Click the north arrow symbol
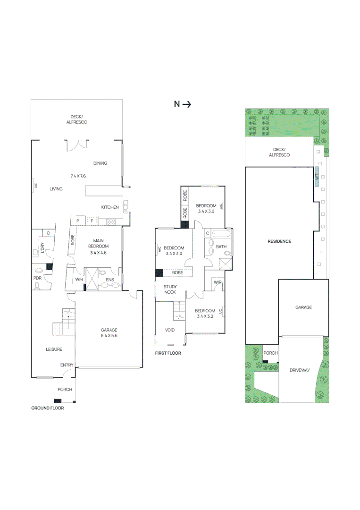[182, 104]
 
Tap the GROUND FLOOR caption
[47, 408]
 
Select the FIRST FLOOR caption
[168, 353]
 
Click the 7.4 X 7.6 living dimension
[78, 176]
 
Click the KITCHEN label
[110, 207]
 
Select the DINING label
[100, 163]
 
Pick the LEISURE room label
[54, 349]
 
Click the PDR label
[37, 279]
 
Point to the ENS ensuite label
[109, 280]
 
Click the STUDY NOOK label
[170, 289]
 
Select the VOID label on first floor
[170, 330]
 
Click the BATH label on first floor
[221, 246]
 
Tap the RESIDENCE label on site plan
[279, 241]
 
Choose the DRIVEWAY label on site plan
[300, 370]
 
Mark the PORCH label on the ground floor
[65, 390]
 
